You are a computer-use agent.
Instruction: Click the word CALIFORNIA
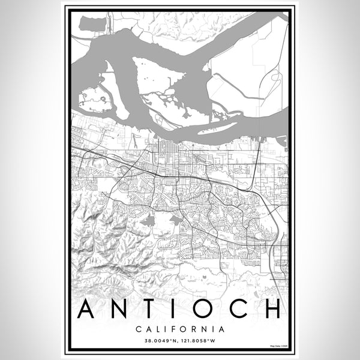coord(180,329)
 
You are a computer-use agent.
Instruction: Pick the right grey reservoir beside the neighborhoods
coord(176,220)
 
